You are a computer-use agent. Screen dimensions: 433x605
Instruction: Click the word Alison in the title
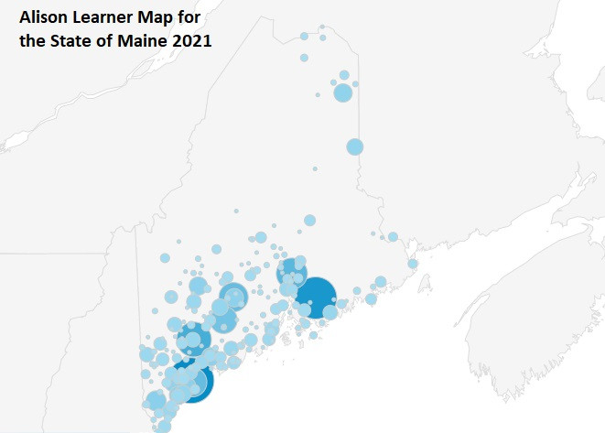tap(43, 17)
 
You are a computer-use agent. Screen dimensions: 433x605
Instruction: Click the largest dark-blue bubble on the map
tap(316, 297)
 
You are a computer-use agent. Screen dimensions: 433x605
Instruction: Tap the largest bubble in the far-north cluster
tap(342, 92)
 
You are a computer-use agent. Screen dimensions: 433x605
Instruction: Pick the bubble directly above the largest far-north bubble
tap(344, 76)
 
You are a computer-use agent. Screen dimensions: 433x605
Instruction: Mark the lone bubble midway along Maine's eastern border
tap(355, 146)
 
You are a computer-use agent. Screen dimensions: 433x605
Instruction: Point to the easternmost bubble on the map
tap(413, 264)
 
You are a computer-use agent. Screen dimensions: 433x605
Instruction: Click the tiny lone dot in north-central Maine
tap(315, 168)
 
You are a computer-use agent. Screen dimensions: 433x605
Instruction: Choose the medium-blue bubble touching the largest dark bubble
tap(292, 272)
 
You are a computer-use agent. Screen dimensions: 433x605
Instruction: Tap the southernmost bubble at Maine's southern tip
tap(164, 426)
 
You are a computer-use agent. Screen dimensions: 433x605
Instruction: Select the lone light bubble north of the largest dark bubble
tap(310, 220)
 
